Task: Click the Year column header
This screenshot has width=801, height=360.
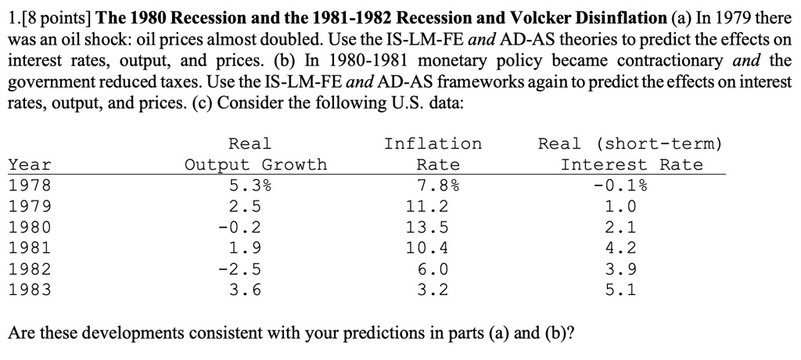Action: [x=30, y=165]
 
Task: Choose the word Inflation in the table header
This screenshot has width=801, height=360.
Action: [x=433, y=144]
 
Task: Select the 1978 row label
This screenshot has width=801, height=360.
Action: [x=29, y=186]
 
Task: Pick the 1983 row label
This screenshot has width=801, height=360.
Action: [x=29, y=290]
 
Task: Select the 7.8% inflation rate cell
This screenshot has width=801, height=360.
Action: [x=437, y=186]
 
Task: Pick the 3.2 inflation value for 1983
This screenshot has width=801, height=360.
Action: [x=433, y=290]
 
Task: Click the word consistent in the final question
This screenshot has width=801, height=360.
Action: [x=232, y=333]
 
